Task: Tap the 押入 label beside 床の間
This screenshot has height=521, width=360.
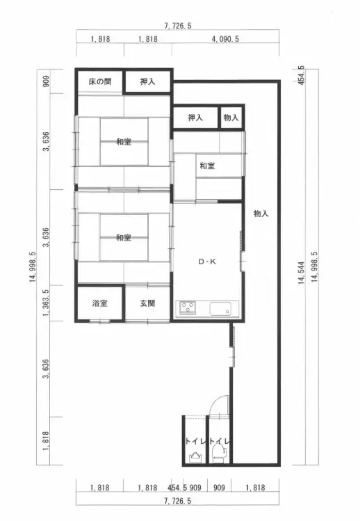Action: tap(147, 82)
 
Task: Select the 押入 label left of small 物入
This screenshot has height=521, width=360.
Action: tap(195, 118)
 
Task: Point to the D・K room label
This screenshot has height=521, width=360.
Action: tap(207, 262)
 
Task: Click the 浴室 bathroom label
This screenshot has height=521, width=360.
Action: tap(100, 303)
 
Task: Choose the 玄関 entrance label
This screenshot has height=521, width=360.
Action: tap(147, 303)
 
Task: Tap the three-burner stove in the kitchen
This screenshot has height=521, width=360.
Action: tap(188, 307)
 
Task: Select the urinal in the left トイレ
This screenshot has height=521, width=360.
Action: tap(194, 456)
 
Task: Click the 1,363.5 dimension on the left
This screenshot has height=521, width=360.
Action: tap(45, 303)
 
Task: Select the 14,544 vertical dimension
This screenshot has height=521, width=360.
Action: tap(302, 267)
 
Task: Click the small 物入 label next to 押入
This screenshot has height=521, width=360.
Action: tap(231, 118)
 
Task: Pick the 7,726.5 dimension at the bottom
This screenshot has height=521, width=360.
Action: tap(178, 501)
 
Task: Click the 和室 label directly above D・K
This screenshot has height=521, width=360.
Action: tap(206, 166)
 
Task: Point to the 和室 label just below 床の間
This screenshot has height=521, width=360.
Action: tap(124, 142)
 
